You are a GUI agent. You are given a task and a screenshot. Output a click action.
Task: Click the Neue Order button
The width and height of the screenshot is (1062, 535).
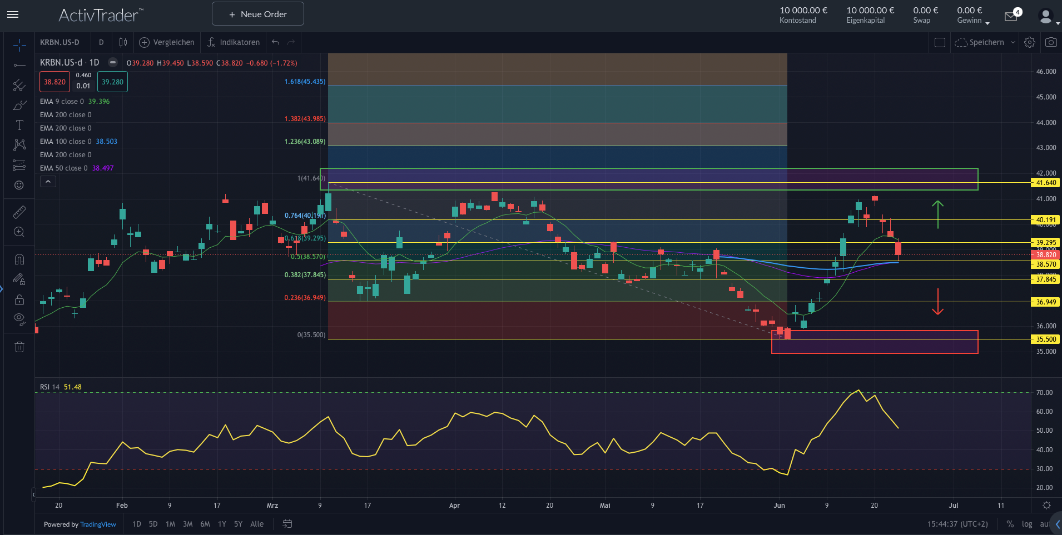tap(257, 14)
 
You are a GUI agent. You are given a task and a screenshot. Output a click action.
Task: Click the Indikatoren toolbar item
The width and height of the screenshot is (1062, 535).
tap(233, 42)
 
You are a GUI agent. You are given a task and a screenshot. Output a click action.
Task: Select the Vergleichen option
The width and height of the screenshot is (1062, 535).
tap(167, 42)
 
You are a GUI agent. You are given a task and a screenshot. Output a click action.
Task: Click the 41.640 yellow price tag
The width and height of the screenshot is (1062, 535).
tap(1045, 183)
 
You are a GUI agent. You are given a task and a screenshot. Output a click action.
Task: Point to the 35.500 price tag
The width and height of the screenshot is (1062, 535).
tap(1045, 339)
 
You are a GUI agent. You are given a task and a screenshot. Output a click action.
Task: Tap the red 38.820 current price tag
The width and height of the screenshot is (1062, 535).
tap(1045, 255)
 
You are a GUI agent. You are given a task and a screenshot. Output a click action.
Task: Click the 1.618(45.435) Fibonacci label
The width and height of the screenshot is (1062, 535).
tap(305, 82)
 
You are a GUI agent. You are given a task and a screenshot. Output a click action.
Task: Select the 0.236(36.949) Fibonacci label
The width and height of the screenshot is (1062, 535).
tap(305, 298)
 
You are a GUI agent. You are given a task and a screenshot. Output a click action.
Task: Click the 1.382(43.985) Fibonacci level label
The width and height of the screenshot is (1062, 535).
tap(305, 119)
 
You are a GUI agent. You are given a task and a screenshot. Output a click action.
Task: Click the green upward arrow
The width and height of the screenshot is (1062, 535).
tap(937, 214)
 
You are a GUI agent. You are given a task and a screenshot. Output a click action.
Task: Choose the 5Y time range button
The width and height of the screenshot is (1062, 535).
tap(238, 524)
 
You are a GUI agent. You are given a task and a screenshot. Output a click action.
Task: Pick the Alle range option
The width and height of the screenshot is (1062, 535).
tap(257, 524)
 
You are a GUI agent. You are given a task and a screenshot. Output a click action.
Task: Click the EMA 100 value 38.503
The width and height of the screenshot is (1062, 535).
tap(106, 142)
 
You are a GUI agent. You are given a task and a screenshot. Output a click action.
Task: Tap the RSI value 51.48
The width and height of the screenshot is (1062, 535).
tap(72, 387)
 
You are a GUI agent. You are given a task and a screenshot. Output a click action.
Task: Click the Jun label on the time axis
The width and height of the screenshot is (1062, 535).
tap(779, 506)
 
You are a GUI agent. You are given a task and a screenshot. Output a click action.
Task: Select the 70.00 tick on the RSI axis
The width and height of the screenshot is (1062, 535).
tap(1044, 393)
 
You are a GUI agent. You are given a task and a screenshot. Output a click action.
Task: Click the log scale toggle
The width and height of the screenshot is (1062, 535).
tap(1026, 524)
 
